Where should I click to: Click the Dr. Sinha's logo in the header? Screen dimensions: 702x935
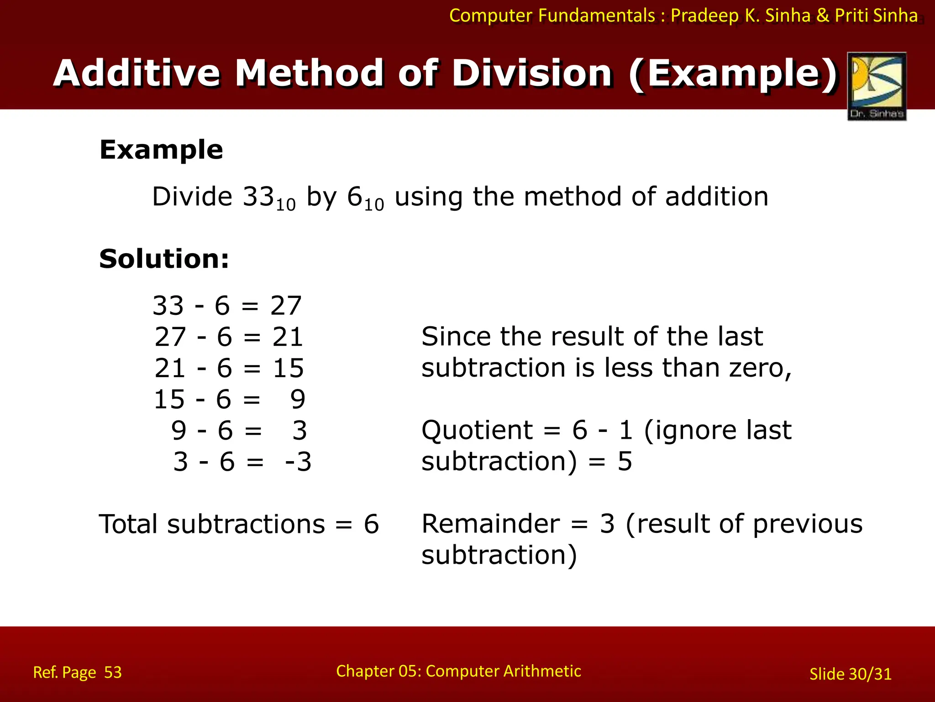coord(877,86)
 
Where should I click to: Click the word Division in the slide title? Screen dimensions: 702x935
coord(532,73)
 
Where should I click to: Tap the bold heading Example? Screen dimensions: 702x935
coord(161,150)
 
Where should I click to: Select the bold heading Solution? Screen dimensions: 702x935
coord(164,259)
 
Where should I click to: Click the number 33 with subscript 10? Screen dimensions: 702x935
coord(268,197)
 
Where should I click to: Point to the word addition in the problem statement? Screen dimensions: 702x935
coord(716,197)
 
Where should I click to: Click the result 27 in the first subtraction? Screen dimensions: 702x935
coord(286,305)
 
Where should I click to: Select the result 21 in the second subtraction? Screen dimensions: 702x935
coord(288,337)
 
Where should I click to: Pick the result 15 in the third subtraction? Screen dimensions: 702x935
coord(288,368)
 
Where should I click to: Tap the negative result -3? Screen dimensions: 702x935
coord(298,462)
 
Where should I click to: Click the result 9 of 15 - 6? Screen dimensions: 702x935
coord(298,399)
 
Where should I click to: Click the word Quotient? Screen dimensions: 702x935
coord(477,431)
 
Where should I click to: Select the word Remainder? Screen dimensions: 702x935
coord(490,524)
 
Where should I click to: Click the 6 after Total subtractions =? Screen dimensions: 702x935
coord(371,524)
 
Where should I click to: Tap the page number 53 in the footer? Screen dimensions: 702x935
coord(113,672)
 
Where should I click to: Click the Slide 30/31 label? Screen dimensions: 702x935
coord(850,674)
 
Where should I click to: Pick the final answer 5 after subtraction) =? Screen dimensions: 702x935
coord(625,462)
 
